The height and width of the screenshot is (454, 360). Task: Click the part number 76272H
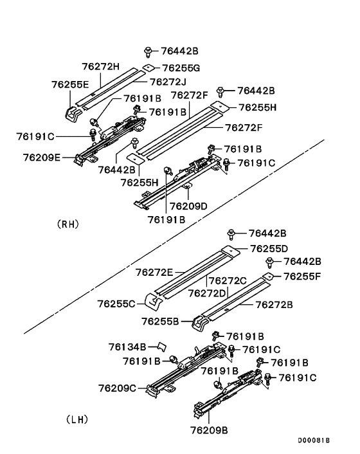point(100,67)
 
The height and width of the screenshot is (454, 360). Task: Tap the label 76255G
point(181,68)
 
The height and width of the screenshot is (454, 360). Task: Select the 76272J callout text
point(168,82)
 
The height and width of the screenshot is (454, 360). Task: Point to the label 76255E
point(70,84)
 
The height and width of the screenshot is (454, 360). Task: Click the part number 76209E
point(42,158)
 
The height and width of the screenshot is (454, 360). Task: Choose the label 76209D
point(188,206)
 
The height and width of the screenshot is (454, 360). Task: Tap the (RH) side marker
point(68,224)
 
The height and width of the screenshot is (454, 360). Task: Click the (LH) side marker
point(77,419)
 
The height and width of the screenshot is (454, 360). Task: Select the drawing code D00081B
point(314,440)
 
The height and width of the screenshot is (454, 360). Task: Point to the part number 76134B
point(127,347)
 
